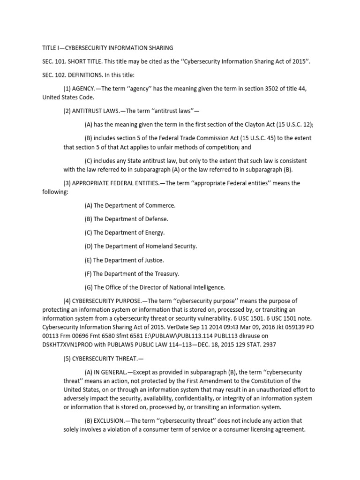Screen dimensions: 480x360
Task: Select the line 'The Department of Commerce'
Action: tap(130, 205)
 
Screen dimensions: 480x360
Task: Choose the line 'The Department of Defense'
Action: tap(126, 219)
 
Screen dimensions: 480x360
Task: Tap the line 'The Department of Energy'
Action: tap(125, 232)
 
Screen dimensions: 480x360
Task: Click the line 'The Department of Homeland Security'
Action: tap(141, 246)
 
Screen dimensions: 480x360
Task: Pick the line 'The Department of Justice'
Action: tap(124, 260)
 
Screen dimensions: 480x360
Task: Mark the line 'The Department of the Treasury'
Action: tap(132, 273)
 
